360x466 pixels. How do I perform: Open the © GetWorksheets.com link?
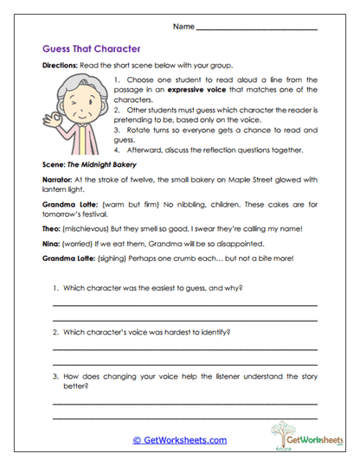tap(179, 439)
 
